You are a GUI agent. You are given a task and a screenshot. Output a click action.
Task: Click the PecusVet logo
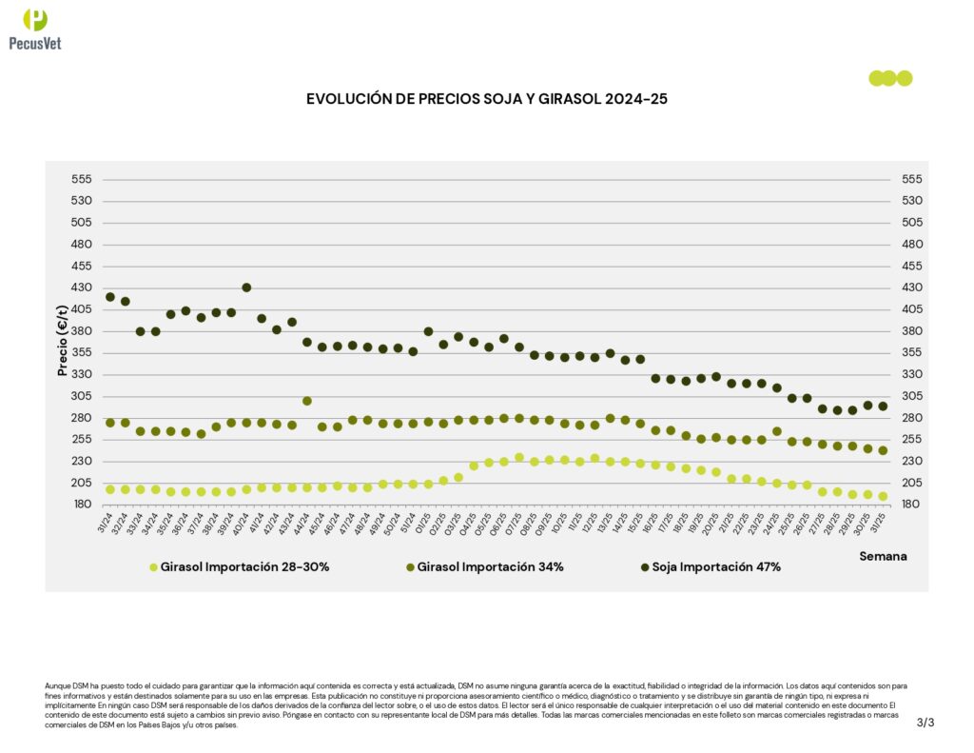(35, 28)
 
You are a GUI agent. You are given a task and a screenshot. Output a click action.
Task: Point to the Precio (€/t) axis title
(64, 341)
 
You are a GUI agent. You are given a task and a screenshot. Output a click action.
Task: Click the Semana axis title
(883, 555)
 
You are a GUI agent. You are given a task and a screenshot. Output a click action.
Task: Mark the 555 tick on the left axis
(82, 179)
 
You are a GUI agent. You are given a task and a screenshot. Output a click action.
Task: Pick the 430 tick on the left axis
(82, 287)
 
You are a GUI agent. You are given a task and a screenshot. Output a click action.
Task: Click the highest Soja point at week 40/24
(246, 287)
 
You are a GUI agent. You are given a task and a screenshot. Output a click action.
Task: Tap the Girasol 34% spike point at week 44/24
(307, 401)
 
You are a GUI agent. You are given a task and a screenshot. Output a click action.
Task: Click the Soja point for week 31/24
(110, 297)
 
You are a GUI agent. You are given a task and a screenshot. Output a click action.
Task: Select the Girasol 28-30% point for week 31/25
(883, 496)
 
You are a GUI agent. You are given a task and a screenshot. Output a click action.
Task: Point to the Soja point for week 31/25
(883, 406)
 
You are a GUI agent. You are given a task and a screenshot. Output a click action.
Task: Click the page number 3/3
(925, 723)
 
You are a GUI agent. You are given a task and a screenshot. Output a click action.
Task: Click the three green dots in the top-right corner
(890, 78)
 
